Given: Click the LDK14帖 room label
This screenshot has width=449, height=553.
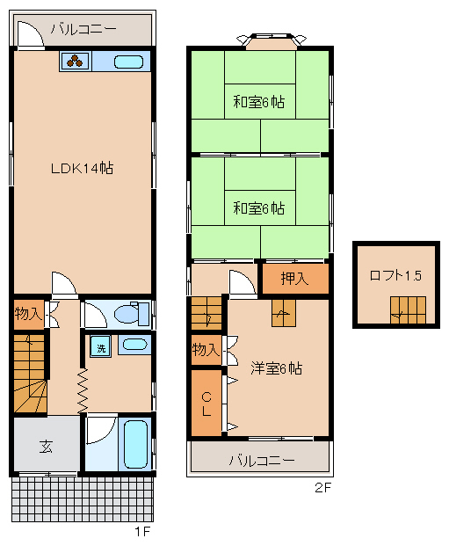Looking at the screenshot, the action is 82,168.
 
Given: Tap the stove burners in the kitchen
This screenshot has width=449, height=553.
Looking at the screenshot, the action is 75,62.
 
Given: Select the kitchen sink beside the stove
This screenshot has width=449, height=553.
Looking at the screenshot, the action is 128,62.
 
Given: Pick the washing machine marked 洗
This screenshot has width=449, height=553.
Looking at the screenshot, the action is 101,346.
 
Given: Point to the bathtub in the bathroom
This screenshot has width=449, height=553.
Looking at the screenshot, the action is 135,444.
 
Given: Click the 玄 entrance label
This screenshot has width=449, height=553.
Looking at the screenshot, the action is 47,447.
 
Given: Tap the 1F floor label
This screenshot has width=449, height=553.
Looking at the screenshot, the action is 142,531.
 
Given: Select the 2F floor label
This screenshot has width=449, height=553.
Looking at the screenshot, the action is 323,487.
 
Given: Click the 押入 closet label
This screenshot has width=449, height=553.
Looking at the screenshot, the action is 294,279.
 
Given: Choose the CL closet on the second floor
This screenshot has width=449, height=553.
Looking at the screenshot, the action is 206,403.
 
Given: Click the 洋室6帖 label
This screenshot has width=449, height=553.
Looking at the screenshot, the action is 276,368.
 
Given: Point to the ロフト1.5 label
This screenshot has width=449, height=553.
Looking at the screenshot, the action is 395,275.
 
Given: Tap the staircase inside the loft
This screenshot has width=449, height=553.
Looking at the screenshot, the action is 408,310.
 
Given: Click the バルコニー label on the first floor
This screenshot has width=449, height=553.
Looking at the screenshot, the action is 83,29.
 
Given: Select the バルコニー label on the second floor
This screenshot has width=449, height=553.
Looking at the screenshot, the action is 262,460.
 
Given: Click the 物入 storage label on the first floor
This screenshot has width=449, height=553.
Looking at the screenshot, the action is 28,313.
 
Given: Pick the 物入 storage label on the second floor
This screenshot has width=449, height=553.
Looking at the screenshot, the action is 206,350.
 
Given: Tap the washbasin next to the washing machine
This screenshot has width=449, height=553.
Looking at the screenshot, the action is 134,345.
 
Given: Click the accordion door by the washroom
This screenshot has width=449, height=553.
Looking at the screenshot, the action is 83,390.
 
